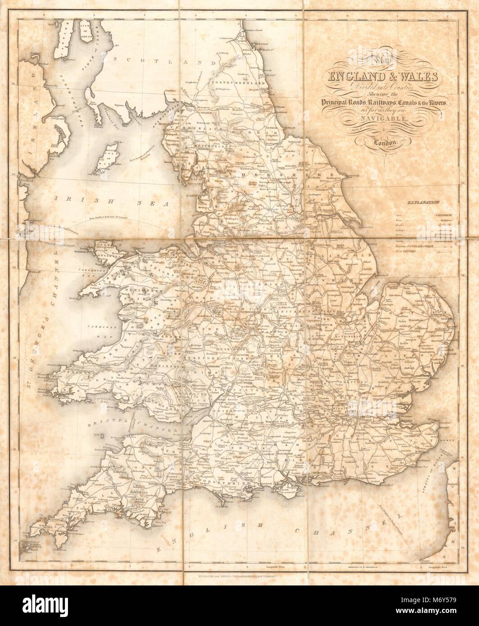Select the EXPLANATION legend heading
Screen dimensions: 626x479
tap(421, 204)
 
